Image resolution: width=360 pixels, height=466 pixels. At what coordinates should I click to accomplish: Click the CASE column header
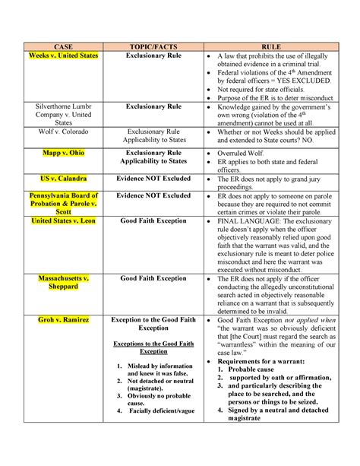pos(63,46)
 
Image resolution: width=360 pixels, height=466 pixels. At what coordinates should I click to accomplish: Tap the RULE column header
pos(271,46)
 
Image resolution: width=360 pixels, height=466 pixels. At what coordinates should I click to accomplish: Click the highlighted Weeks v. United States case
pos(63,56)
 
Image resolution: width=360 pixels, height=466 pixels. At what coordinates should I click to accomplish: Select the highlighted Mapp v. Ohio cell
pos(63,153)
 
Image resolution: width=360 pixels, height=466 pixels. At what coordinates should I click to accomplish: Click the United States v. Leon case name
pos(63,221)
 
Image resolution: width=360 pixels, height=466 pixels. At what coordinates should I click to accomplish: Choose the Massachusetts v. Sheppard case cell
pos(63,282)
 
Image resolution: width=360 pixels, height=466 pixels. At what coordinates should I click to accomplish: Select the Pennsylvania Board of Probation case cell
pos(63,203)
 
